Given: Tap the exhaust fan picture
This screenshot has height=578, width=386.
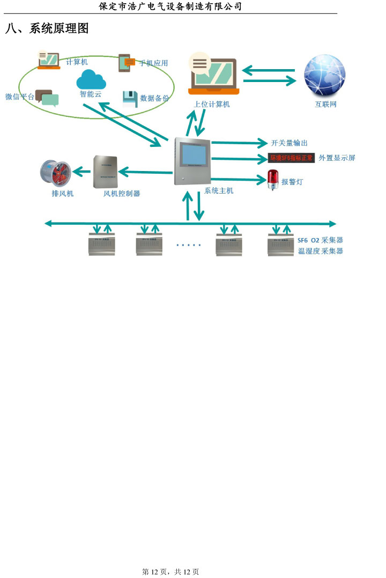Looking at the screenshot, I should [56, 172].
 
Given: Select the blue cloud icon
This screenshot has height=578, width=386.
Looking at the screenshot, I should [91, 80].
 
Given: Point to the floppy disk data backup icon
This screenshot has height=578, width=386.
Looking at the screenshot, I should [130, 99].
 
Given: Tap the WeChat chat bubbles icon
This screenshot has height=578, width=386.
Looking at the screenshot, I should [47, 98].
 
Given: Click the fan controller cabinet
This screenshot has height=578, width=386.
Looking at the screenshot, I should [105, 172].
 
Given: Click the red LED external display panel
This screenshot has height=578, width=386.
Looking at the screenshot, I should [291, 158].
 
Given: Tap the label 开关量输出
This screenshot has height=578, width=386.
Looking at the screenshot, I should [289, 143].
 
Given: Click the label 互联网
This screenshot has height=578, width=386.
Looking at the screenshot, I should [325, 105].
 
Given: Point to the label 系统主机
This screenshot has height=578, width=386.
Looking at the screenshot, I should [219, 190].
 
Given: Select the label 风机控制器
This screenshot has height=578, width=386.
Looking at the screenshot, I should [122, 194].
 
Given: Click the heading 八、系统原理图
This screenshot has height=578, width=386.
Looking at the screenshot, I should [47, 29].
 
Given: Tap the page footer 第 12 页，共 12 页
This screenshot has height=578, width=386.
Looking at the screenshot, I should [170, 572].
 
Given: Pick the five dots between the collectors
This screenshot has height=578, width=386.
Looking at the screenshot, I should [188, 245].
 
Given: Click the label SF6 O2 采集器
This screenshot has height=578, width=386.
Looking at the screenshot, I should [320, 240].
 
